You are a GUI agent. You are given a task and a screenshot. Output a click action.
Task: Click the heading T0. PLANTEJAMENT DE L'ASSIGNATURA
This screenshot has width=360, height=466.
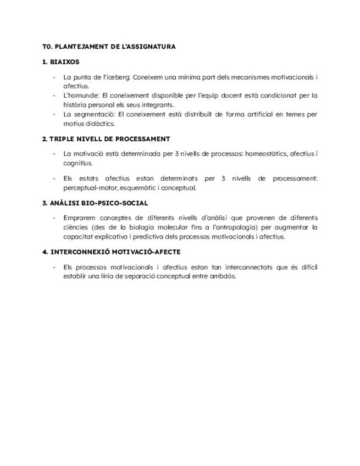(109, 47)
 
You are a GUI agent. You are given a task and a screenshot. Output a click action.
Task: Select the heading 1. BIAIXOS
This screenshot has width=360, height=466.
(60, 62)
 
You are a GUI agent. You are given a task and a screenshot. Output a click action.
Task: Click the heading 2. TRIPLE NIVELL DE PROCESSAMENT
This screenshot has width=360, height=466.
(106, 139)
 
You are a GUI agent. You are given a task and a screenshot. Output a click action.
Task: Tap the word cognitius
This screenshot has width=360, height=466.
(77, 163)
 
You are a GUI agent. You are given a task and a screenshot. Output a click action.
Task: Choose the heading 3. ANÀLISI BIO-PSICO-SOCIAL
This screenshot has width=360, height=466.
(95, 203)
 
